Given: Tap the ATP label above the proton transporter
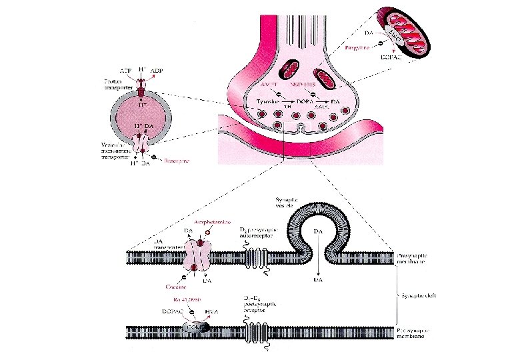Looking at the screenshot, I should [123, 70].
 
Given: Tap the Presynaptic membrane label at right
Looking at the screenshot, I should [412, 257].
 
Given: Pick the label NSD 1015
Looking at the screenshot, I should [305, 85].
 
